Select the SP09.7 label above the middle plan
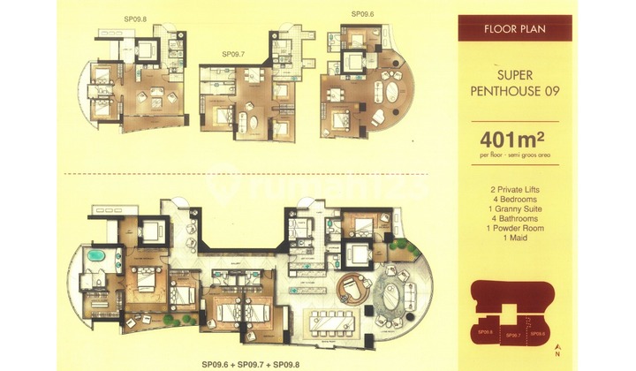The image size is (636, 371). tap(232, 54)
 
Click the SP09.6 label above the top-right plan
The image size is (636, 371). tap(363, 14)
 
